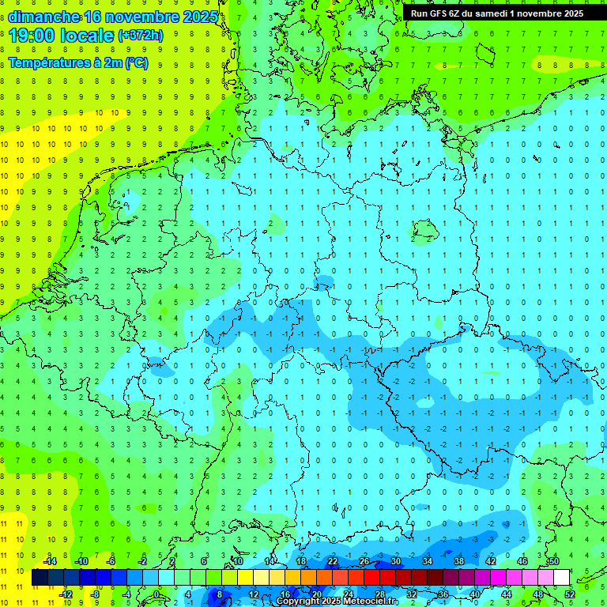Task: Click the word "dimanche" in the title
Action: [43, 17]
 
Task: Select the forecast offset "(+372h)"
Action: [140, 36]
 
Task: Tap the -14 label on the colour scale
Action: [49, 561]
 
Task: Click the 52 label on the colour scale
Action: [569, 594]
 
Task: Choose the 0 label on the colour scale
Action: [156, 594]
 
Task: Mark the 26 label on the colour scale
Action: [364, 561]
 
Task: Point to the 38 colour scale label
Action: [459, 561]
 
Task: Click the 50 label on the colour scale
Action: [554, 561]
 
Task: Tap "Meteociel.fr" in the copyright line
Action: [371, 601]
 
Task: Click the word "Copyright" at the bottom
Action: [298, 601]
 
